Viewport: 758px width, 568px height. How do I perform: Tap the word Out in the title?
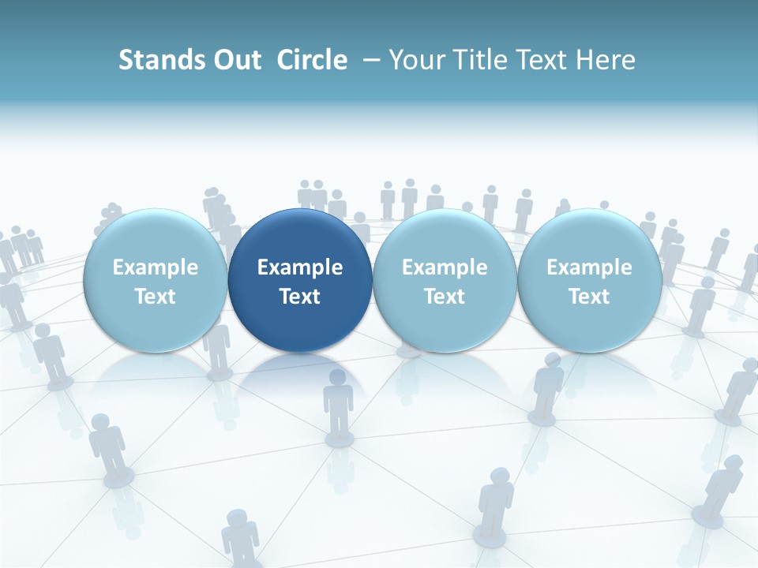coord(235,60)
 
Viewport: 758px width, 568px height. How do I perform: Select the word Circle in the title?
coord(312,60)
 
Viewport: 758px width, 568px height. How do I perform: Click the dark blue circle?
coord(300,281)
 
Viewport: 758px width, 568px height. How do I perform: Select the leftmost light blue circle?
coord(155,281)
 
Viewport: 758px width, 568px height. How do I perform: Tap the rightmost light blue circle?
coord(590,281)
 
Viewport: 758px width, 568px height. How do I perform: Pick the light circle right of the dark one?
coord(445,281)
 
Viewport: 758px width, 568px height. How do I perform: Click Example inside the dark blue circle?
coord(300,267)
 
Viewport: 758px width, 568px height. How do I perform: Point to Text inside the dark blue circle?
coord(300,297)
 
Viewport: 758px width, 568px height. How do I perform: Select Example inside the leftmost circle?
coord(155,267)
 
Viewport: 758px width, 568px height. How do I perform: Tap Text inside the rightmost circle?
coord(590,297)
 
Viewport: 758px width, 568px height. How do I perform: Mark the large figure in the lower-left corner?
coord(108,446)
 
